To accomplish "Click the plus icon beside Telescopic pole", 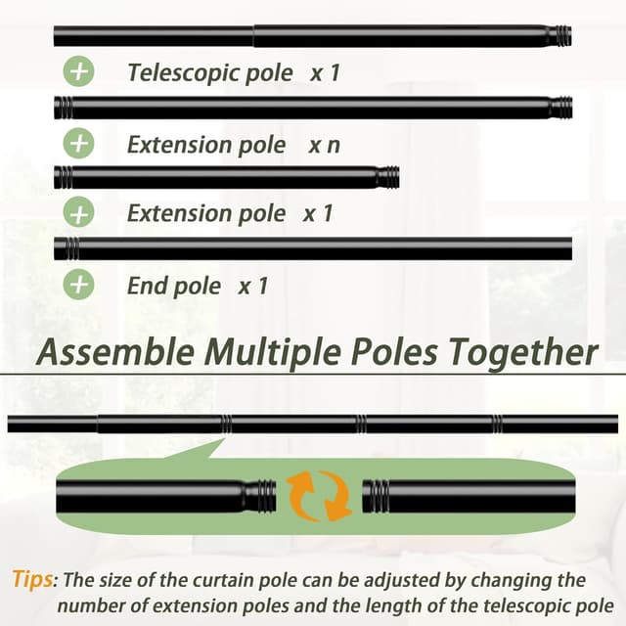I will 79,72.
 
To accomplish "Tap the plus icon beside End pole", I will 79,285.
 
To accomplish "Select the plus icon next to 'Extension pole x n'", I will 79,144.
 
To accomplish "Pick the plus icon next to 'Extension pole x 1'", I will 79,213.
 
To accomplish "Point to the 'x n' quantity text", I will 325,145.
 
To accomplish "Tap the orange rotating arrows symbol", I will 319,495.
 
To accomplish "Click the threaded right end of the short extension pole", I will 387,178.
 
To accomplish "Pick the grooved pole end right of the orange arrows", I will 377,495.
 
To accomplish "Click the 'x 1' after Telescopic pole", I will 324,72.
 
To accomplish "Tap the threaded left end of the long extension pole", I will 64,108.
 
